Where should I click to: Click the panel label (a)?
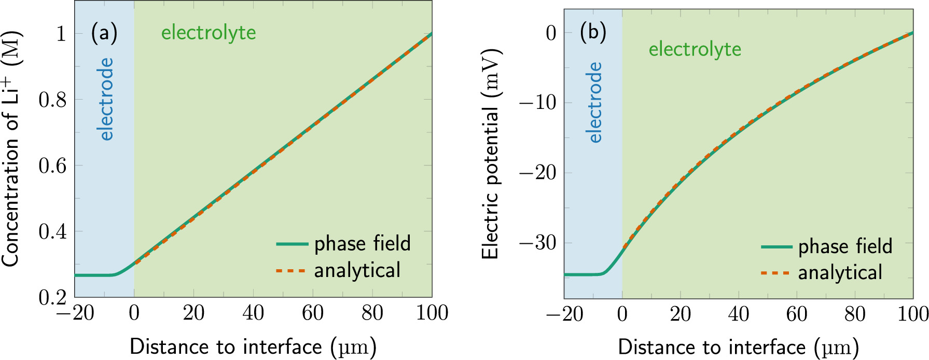pos(104,33)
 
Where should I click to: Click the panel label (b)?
pos(592,33)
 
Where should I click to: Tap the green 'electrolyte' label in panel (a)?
pos(209,33)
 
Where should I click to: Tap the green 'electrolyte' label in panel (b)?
pos(695,49)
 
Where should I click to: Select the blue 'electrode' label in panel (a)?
pos(106,99)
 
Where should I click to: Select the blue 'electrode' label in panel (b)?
pos(595,103)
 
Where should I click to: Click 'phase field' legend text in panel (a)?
pos(362,243)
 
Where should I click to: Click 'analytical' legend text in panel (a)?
pos(357,270)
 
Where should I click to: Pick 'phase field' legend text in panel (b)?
pos(845,246)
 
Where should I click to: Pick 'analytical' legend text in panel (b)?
pos(840,273)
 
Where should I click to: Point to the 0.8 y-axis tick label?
pos(52,100)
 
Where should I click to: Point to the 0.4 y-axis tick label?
pos(52,231)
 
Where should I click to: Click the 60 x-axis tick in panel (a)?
pos(313,313)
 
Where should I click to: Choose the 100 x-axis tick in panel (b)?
pos(912,314)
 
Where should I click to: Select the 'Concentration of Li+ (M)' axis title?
pos(11,149)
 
